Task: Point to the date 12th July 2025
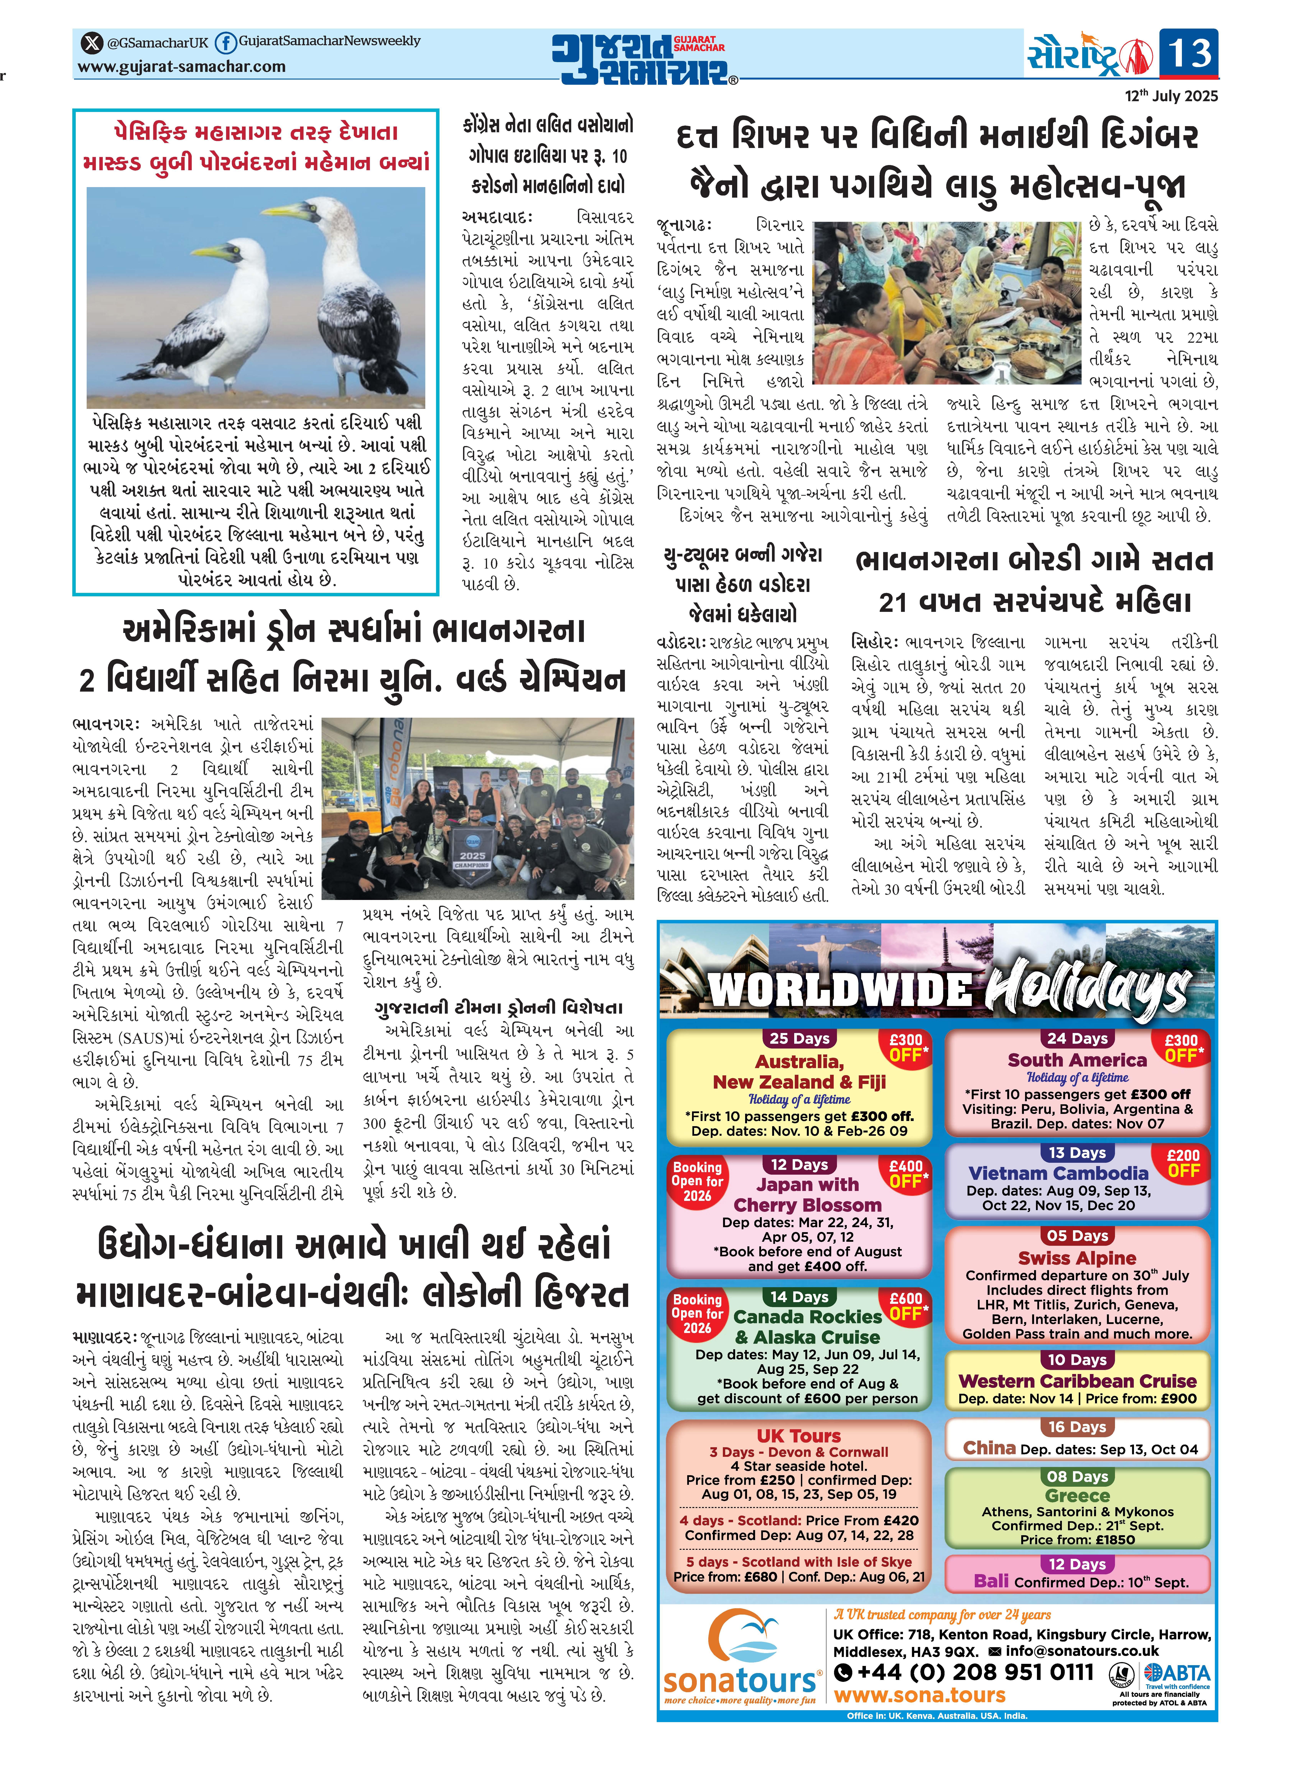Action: tap(1171, 96)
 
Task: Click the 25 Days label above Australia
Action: tap(799, 1039)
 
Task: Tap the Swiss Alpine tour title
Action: tap(1077, 1258)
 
